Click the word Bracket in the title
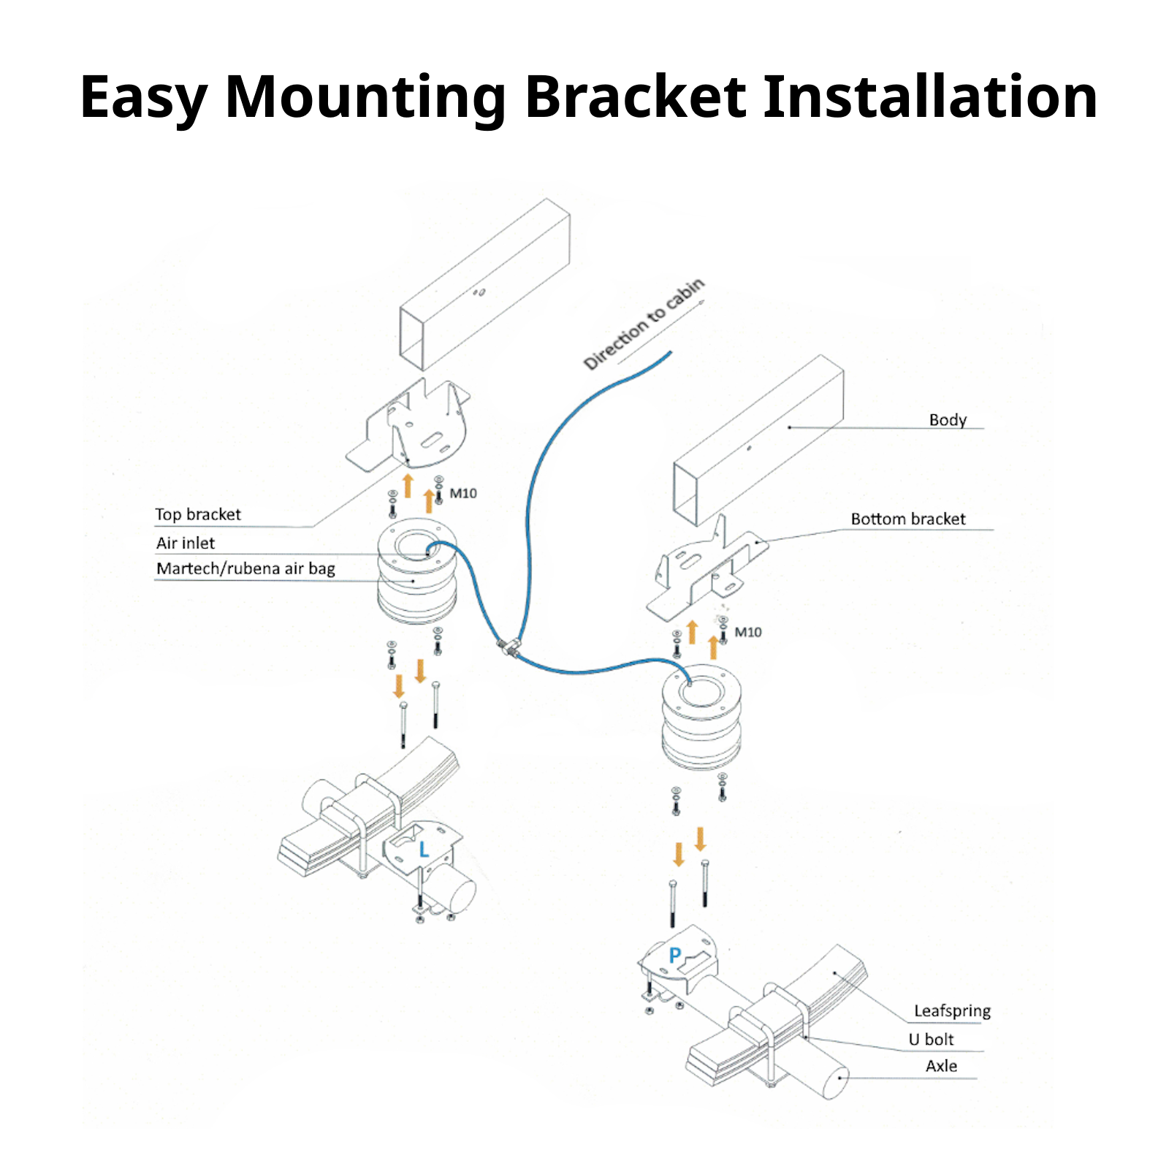coord(635,97)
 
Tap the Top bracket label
coord(197,514)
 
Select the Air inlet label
coord(186,543)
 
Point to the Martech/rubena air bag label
coord(245,568)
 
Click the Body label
coord(948,420)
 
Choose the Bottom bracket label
coord(907,519)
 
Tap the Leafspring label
coord(952,1011)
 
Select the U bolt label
coord(931,1039)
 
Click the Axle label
coord(941,1066)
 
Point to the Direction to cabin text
coord(644,324)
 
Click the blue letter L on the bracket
coord(424,850)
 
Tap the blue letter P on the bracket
coord(675,955)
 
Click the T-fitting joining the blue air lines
coord(509,646)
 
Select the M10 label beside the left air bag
coord(463,493)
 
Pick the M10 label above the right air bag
coord(747,632)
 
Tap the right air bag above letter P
coord(701,720)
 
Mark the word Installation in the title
coord(929,97)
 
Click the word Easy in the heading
coord(143,97)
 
